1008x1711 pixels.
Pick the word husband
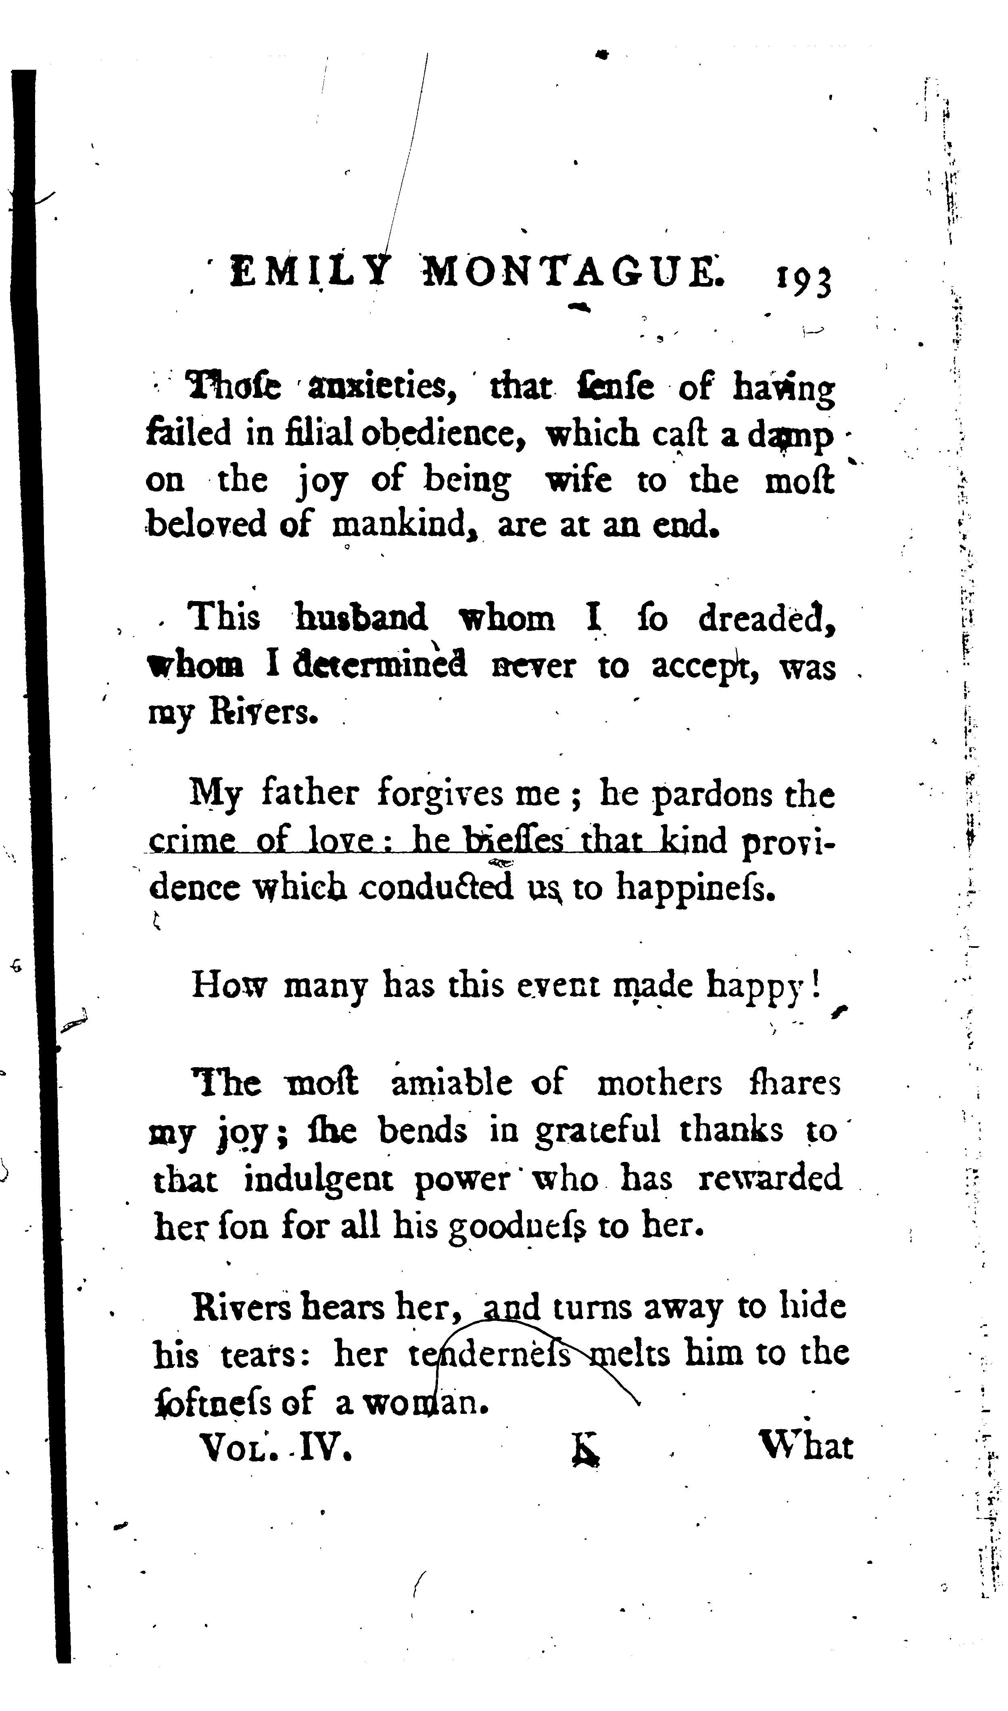pos(361,618)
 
